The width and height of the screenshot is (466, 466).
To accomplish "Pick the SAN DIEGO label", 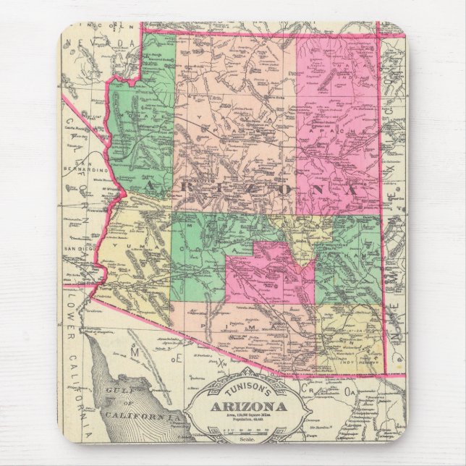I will pos(80,249).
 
